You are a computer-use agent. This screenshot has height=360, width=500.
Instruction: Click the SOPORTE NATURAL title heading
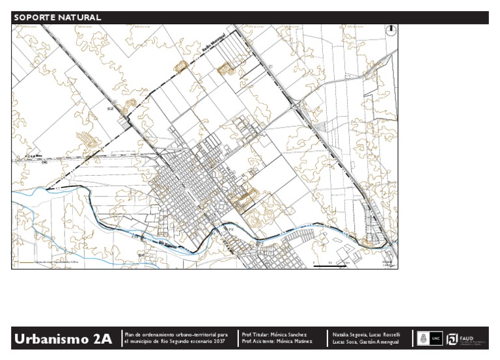click(57, 18)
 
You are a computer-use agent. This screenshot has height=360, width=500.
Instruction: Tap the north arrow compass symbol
click(391, 29)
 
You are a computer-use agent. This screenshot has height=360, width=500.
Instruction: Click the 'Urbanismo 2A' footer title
click(63, 339)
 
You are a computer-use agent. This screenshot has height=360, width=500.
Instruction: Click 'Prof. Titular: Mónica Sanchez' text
click(273, 334)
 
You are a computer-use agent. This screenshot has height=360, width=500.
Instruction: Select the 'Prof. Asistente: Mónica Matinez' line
click(277, 341)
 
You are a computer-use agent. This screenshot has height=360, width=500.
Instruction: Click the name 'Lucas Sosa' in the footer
click(344, 341)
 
